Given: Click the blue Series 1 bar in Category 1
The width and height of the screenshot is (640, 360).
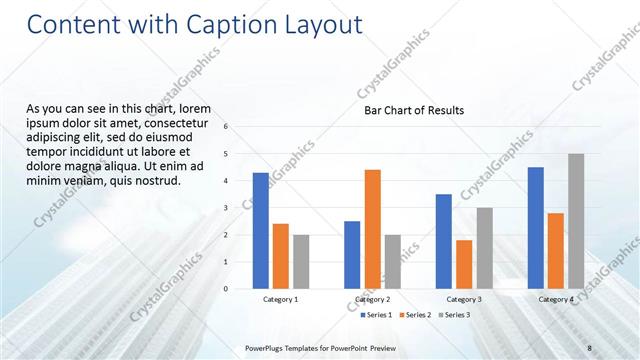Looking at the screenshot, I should coord(260,231).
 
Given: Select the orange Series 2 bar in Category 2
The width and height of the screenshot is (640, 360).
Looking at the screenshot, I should coord(372,229).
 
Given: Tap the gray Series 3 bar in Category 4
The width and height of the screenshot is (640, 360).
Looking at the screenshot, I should coord(576,221).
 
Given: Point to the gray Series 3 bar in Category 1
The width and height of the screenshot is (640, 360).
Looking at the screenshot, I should coord(301,262).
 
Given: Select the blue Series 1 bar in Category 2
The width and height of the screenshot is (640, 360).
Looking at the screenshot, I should coord(352,255).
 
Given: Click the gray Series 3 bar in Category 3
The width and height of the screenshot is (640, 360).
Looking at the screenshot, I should coord(484,248).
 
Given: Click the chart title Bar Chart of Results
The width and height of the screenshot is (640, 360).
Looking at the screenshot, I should coord(413,111).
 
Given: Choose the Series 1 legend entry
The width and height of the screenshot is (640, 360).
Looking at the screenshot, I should coord(377,315).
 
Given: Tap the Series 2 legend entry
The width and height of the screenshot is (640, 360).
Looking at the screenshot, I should coord(415,315).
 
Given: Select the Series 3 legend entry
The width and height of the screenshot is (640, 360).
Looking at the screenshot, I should coord(453,315).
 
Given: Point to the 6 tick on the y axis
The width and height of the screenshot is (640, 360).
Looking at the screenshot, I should coord(226,127).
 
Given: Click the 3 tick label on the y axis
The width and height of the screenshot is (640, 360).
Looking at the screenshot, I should coord(226,208).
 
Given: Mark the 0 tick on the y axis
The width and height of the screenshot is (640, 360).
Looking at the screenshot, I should coord(226,289).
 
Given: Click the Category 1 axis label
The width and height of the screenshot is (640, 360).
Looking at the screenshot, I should coord(280,299).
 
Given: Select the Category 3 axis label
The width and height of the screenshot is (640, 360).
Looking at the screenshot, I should coord(464,299).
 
